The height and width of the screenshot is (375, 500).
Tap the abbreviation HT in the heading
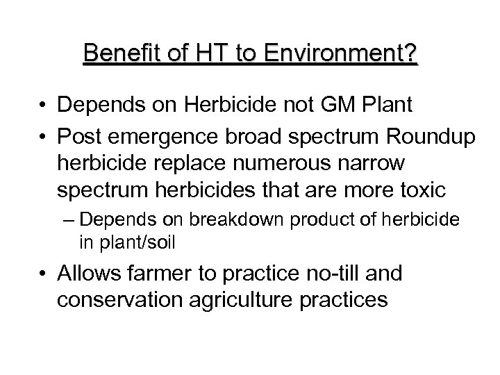pyautogui.click(x=203, y=53)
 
